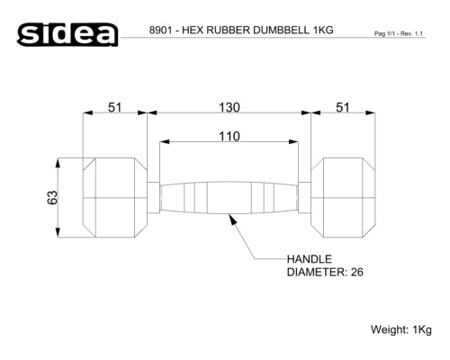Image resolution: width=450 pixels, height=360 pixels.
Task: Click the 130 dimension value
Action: click(229, 107)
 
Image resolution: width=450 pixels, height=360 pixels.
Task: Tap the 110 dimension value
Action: click(229, 136)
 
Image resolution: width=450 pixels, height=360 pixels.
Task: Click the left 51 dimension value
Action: click(115, 107)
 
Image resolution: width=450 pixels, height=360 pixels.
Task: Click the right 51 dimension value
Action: click(343, 107)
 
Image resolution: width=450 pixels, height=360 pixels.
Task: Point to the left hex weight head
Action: click(114, 197)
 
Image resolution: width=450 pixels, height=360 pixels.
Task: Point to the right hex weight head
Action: click(343, 197)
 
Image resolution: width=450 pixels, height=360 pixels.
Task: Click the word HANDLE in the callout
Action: click(310, 257)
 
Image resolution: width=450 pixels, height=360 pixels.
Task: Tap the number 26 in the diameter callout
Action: click(355, 272)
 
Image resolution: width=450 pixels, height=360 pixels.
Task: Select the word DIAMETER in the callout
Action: click(315, 272)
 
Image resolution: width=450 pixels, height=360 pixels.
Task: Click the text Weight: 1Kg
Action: click(401, 329)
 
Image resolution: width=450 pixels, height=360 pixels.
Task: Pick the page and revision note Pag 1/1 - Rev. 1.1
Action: click(399, 33)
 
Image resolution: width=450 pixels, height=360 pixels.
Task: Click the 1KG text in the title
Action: click(321, 30)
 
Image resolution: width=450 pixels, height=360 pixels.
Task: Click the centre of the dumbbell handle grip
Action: click(229, 197)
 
